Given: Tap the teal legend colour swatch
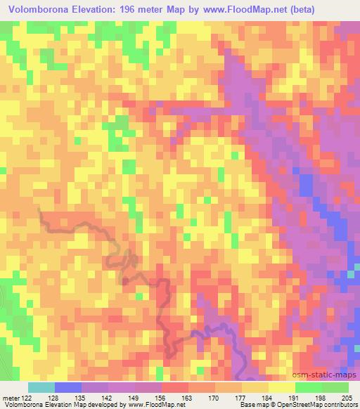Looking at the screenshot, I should (41, 388).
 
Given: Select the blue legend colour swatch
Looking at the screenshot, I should (68, 388).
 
